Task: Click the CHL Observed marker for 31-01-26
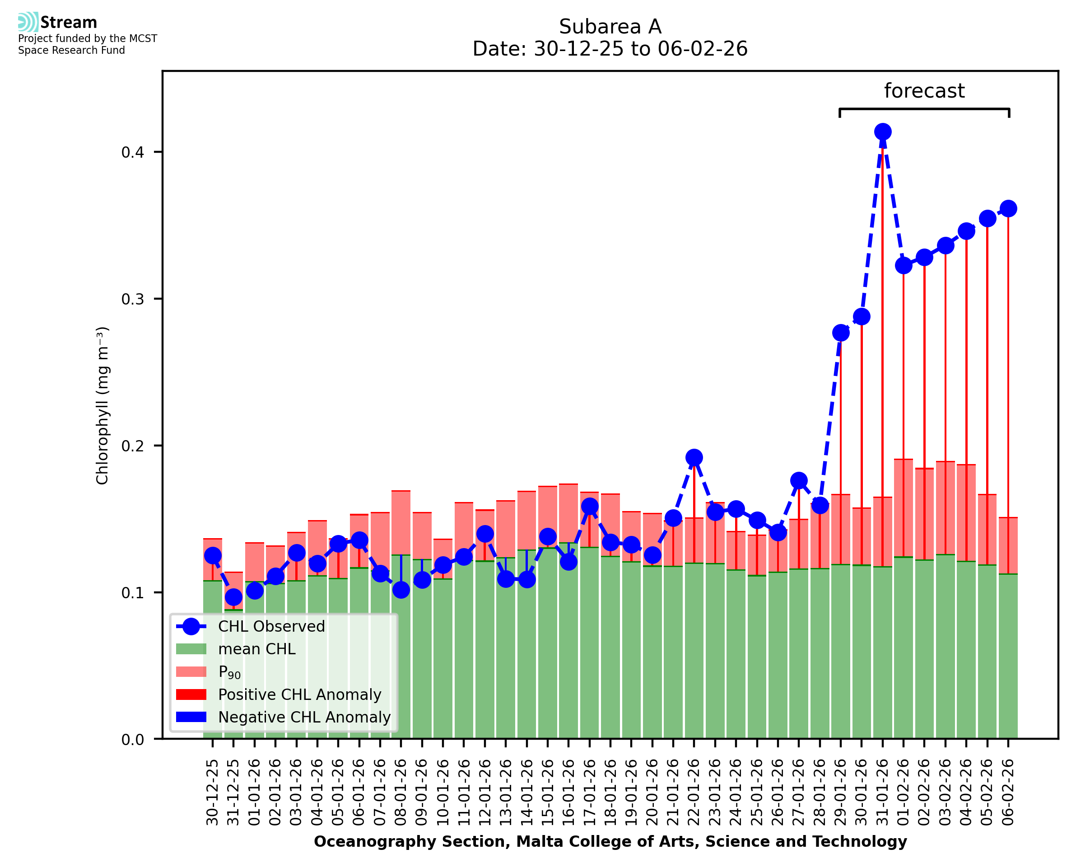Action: click(x=882, y=132)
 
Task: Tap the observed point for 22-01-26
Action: click(x=694, y=457)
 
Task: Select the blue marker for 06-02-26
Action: click(x=1008, y=208)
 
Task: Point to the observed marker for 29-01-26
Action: click(x=841, y=333)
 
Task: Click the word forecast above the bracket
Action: click(x=924, y=91)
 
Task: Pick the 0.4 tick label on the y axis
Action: click(x=132, y=152)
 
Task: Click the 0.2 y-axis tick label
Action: click(x=132, y=446)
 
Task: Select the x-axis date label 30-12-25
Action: click(x=213, y=793)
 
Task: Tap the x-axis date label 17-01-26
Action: click(x=589, y=793)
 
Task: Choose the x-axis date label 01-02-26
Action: click(x=903, y=793)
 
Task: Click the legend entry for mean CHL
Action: click(x=257, y=649)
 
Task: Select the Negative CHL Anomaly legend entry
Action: click(x=304, y=717)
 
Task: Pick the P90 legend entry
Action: click(x=229, y=672)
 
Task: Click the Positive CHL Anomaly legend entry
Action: click(x=299, y=694)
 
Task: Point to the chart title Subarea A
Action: click(x=610, y=27)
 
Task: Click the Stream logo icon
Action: click(x=28, y=22)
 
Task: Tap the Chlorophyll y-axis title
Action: click(x=102, y=405)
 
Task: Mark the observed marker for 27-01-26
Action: click(x=799, y=480)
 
